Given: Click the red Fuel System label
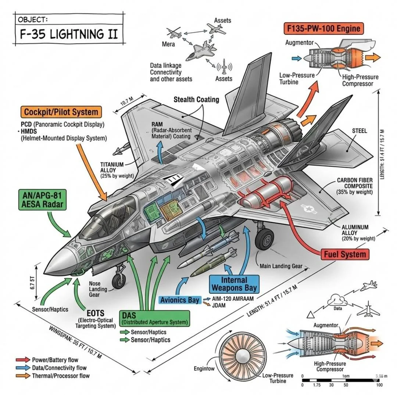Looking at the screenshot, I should point(345,254).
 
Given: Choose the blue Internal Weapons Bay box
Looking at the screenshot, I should point(234,283).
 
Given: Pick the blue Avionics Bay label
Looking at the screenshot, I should point(180,300).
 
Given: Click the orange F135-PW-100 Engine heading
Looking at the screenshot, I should point(322,28).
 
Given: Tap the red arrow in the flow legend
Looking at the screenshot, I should point(23,360).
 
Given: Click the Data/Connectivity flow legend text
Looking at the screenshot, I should point(59,368).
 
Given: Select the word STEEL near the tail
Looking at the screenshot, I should point(359,131).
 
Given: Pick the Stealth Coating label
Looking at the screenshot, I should point(196,99).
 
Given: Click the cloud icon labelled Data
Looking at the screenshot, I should point(337,299).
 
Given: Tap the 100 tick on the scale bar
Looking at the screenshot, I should point(380,385).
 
